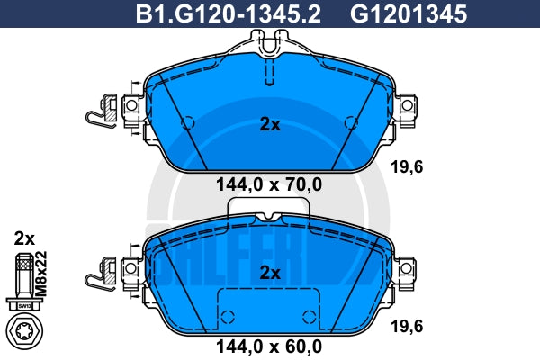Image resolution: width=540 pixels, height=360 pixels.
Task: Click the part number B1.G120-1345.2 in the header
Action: (228, 14)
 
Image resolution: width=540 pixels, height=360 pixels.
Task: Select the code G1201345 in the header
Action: (409, 14)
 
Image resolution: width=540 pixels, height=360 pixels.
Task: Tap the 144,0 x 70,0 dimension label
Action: (269, 184)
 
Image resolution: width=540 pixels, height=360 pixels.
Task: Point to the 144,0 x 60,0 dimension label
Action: (269, 346)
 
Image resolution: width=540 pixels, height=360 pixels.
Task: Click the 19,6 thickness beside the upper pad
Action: (407, 167)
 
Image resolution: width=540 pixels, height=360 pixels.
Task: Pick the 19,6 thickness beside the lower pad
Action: (407, 326)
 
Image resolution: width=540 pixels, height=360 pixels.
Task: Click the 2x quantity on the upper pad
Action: (270, 125)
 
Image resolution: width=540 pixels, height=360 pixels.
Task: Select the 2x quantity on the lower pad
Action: (270, 273)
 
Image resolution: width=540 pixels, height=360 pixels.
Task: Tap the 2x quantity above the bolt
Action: (24, 238)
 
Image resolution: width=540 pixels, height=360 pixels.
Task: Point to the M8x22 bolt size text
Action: (41, 274)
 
